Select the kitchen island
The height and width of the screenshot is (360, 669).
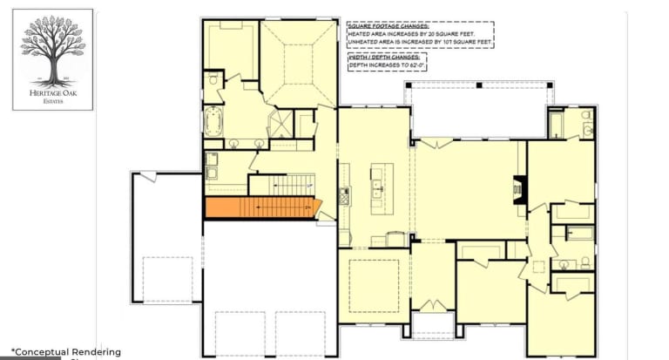coord(379,187)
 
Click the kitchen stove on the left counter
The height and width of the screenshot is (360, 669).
coord(344,196)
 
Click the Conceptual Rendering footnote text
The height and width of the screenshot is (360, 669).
coord(66,351)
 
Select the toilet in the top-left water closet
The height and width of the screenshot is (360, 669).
coord(213,80)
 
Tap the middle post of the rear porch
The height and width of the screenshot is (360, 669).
coord(478,85)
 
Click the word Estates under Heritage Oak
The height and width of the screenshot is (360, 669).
coord(52,101)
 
